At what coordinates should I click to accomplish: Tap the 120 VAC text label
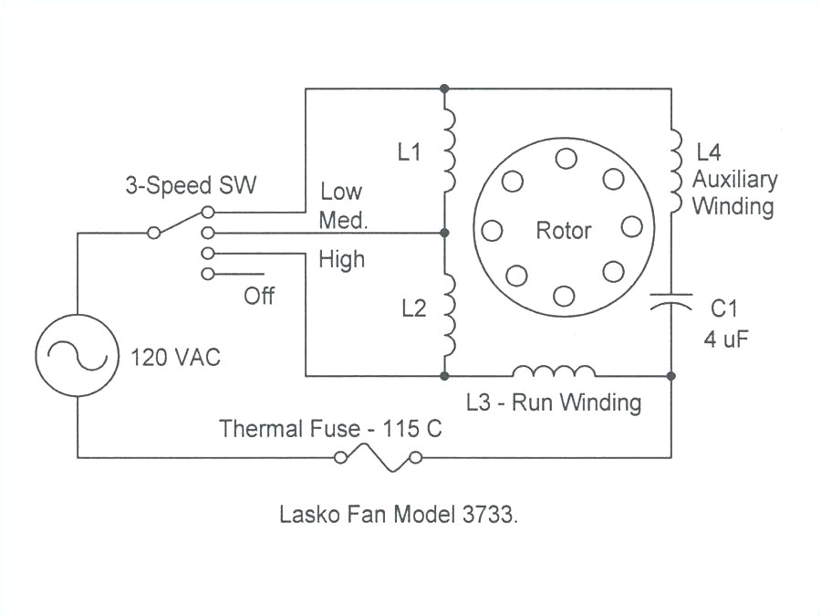[176, 357]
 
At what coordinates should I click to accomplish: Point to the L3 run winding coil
[555, 371]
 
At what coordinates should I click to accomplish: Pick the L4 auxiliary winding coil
[674, 173]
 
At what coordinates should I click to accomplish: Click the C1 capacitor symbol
[671, 304]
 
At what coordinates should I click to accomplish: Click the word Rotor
[563, 231]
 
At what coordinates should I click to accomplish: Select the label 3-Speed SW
[191, 185]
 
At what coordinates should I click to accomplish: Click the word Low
[341, 192]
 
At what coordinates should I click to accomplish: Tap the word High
[341, 259]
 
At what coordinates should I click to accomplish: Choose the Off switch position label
[258, 297]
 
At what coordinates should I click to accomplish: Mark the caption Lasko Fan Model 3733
[399, 514]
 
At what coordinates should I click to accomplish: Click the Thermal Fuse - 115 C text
[330, 428]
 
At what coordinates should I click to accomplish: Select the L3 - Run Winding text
[553, 402]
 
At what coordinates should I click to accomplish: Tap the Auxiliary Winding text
[733, 193]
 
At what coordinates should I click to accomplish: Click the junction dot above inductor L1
[444, 89]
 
